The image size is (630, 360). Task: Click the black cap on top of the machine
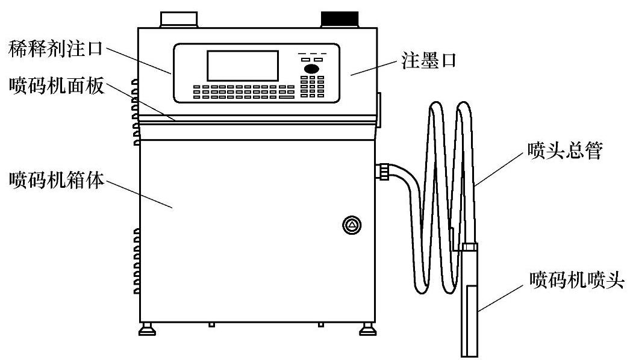(x=340, y=19)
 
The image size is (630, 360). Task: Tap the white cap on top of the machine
(x=178, y=19)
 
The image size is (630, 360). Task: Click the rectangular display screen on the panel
(x=243, y=66)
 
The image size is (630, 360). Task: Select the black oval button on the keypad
(x=312, y=70)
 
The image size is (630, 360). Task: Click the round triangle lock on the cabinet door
(x=351, y=226)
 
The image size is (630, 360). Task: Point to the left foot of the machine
(x=146, y=329)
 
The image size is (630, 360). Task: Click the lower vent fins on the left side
(x=136, y=262)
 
